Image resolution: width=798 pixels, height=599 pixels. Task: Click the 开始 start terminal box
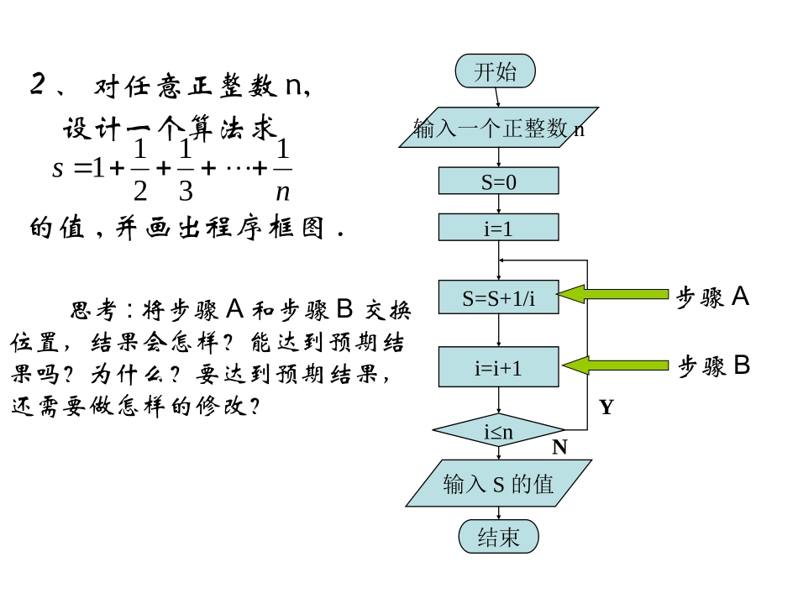click(x=496, y=71)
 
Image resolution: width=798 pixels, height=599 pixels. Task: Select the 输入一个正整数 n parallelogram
click(x=499, y=128)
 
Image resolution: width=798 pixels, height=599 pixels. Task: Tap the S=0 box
click(x=498, y=181)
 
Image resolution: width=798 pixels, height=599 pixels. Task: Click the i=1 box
click(x=498, y=228)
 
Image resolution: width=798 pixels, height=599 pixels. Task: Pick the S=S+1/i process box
click(x=498, y=297)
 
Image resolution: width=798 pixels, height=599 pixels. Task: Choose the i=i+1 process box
click(x=498, y=367)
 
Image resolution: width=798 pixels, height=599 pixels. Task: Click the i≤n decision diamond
click(x=498, y=432)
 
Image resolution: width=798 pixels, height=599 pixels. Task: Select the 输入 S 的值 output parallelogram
click(x=498, y=484)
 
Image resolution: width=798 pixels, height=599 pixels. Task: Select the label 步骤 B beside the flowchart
click(x=714, y=365)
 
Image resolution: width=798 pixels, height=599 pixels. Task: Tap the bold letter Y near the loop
click(x=606, y=408)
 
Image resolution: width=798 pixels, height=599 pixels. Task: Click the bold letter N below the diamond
click(x=559, y=448)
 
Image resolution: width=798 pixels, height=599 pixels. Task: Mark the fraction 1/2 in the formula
click(x=140, y=171)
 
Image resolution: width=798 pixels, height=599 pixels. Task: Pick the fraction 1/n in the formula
click(x=283, y=171)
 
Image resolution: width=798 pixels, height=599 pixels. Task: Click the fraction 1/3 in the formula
click(x=186, y=171)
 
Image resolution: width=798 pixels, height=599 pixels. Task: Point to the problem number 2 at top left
click(x=37, y=85)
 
